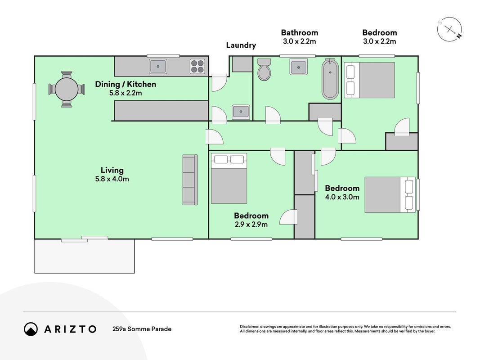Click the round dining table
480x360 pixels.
67,90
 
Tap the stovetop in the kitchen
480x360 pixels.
197,67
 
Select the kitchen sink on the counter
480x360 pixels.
158,67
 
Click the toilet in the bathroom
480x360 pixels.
264,70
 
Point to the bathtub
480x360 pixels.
330,79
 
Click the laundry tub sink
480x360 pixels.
241,112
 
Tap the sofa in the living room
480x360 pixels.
190,180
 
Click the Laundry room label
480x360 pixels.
241,45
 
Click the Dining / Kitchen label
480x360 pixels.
126,84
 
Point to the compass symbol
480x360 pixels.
449,29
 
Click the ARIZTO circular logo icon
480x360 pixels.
31,329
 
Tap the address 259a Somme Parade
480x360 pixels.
142,329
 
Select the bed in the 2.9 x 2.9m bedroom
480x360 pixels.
229,179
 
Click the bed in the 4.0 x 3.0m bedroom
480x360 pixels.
390,195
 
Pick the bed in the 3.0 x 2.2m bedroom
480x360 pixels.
369,80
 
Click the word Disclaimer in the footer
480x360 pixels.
249,327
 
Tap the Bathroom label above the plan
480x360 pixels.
300,32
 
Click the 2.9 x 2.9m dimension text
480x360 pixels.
251,225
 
